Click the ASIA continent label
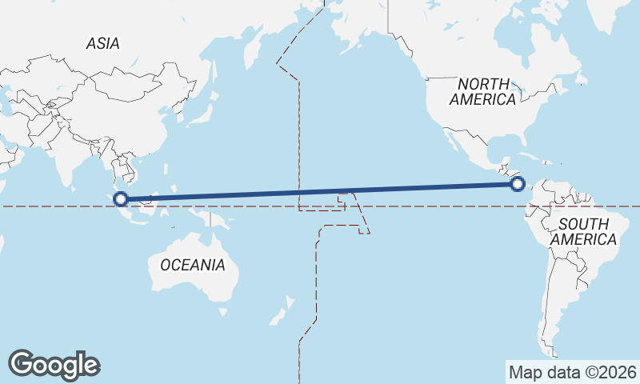click(x=103, y=44)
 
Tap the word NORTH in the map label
click(x=483, y=84)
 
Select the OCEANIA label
click(x=193, y=265)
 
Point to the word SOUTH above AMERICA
click(x=583, y=224)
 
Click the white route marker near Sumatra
click(x=121, y=199)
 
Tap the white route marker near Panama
click(x=518, y=185)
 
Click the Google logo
click(x=54, y=364)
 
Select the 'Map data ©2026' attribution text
click(x=572, y=372)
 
